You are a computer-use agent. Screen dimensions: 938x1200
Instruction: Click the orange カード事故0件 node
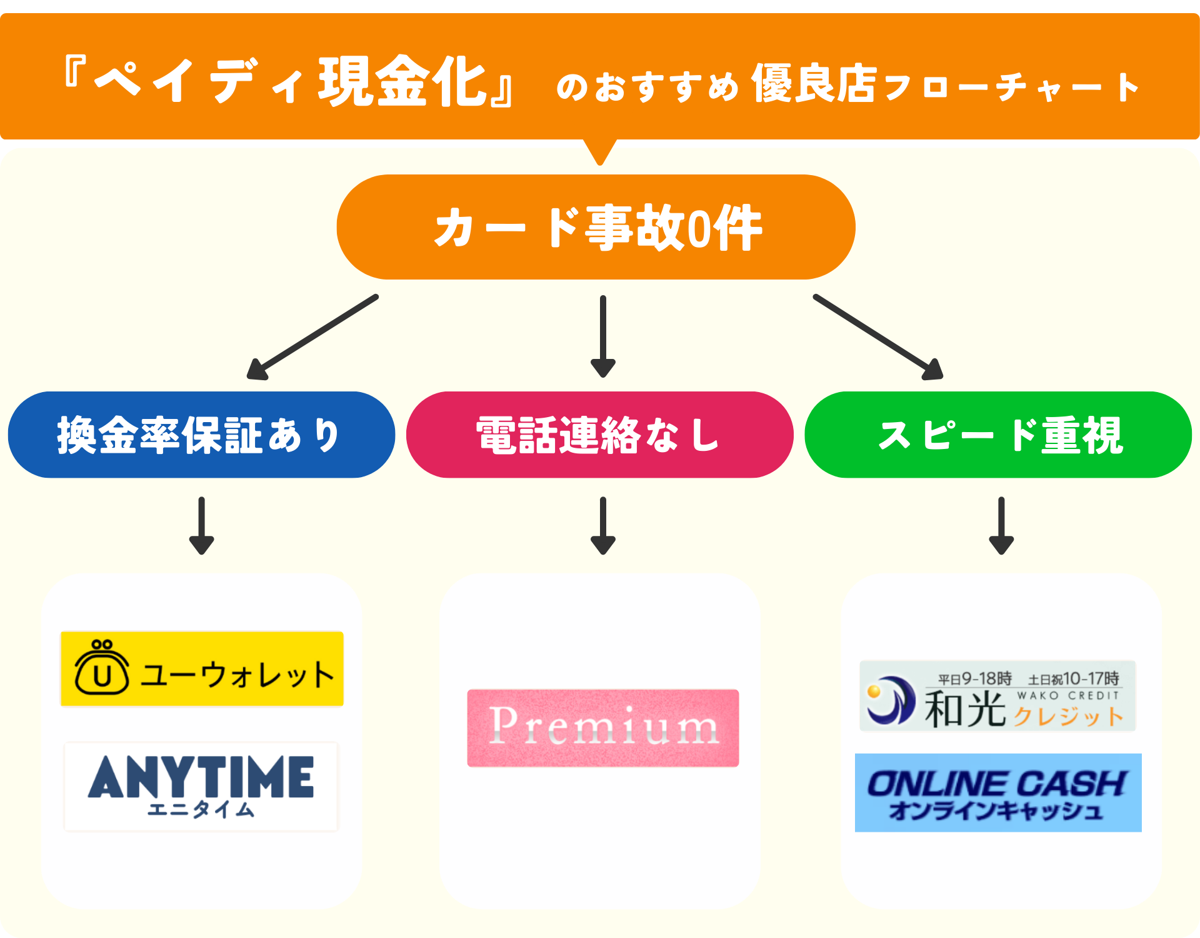pyautogui.click(x=596, y=227)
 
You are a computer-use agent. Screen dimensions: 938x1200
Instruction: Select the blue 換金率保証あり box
pyautogui.click(x=201, y=435)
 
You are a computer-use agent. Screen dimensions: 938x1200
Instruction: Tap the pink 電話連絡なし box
pyautogui.click(x=599, y=435)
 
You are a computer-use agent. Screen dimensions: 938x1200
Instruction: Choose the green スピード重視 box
pyautogui.click(x=998, y=435)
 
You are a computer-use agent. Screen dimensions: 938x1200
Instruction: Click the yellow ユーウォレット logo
pyautogui.click(x=202, y=668)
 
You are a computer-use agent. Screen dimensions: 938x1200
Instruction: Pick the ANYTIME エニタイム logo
pyautogui.click(x=201, y=786)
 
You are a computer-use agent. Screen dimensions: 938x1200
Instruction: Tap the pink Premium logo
pyautogui.click(x=602, y=728)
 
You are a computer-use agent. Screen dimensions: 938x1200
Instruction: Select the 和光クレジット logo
pyautogui.click(x=997, y=695)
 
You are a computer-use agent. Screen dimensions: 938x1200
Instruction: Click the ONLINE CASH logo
pyautogui.click(x=998, y=792)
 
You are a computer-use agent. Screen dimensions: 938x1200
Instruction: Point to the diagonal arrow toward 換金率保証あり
pyautogui.click(x=312, y=337)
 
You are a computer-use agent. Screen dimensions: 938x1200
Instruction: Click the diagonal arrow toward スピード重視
pyautogui.click(x=878, y=337)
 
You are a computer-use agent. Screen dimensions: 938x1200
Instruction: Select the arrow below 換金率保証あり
pyautogui.click(x=201, y=525)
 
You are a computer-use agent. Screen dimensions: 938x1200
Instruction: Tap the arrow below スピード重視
pyautogui.click(x=1001, y=525)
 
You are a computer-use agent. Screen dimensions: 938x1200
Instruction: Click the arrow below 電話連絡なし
pyautogui.click(x=603, y=525)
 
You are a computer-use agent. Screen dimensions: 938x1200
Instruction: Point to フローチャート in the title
pyautogui.click(x=1012, y=86)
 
